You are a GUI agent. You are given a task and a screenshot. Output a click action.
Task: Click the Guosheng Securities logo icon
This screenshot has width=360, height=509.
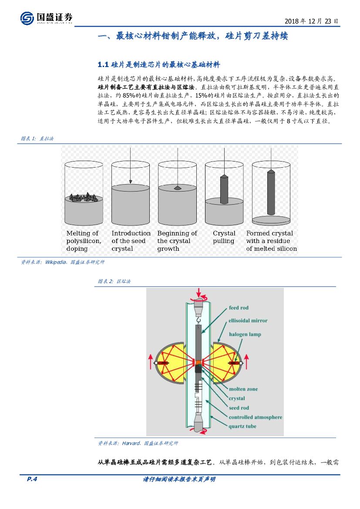coord(27,18)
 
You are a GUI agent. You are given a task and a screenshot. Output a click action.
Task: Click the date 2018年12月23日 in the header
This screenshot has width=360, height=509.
coord(311,21)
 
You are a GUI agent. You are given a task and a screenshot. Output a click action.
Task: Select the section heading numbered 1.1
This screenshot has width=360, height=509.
coord(159,64)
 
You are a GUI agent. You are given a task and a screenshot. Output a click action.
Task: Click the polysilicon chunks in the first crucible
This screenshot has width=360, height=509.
coord(84,197)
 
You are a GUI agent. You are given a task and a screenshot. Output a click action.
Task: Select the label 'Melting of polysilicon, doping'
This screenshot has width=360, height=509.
coord(84,241)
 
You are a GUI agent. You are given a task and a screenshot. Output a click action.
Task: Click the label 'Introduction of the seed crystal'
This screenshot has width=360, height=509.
coord(131,241)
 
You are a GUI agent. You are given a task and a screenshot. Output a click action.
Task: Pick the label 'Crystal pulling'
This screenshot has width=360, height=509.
coord(224,237)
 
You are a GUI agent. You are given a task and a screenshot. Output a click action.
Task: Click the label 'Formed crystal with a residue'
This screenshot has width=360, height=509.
coord(271,241)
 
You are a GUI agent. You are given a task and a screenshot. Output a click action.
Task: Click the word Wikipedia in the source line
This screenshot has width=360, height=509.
coord(56,262)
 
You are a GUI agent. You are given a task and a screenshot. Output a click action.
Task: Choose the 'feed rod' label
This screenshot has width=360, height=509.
coord(239,308)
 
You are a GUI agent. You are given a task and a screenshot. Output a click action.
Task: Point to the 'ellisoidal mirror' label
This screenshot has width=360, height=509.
coord(248,320)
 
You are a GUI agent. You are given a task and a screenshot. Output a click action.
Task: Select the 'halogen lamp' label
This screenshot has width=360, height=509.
coord(245,334)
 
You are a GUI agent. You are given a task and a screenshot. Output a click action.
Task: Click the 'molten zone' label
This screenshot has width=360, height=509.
coord(243,389)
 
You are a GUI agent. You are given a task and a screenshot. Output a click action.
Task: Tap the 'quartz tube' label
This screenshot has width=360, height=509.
coord(242,426)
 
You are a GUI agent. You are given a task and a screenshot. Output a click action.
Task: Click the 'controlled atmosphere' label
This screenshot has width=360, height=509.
coord(256,417)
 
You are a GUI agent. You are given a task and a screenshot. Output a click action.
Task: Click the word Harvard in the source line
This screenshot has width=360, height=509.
coord(130,443)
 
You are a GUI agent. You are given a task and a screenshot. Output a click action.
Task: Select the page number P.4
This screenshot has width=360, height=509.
coord(32,479)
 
